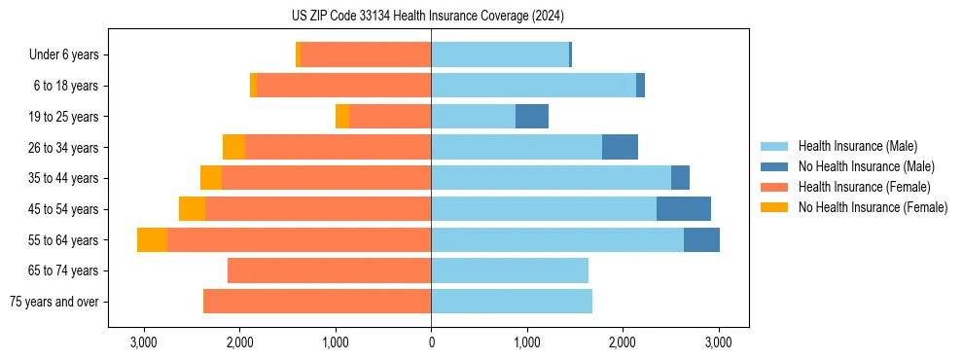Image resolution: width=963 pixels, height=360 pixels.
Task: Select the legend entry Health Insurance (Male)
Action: [856, 146]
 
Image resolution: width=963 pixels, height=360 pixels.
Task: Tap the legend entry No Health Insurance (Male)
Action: [866, 166]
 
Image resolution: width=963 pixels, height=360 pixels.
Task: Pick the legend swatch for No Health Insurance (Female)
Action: [775, 207]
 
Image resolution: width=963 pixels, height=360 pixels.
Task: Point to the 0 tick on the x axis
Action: [431, 343]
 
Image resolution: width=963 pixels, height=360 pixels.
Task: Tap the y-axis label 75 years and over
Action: [53, 302]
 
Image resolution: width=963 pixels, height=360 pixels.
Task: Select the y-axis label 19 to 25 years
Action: [63, 117]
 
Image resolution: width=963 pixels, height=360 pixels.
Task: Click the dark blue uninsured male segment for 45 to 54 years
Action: [684, 209]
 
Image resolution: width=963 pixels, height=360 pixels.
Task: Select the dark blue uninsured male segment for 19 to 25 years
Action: [532, 117]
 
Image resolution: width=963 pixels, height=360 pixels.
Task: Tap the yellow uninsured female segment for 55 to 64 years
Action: [152, 240]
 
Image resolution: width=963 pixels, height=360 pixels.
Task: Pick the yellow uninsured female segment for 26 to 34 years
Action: [233, 148]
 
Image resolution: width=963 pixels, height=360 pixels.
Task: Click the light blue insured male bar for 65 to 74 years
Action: [510, 270]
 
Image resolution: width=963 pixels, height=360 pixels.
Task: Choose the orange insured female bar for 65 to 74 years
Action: [329, 270]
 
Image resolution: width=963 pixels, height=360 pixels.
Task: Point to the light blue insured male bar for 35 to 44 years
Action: [551, 178]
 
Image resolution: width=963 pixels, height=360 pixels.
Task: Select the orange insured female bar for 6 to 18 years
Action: [344, 86]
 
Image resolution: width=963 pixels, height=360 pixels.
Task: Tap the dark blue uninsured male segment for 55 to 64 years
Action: [701, 240]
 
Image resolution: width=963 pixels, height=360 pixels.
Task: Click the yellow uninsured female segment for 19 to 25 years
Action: [342, 117]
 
